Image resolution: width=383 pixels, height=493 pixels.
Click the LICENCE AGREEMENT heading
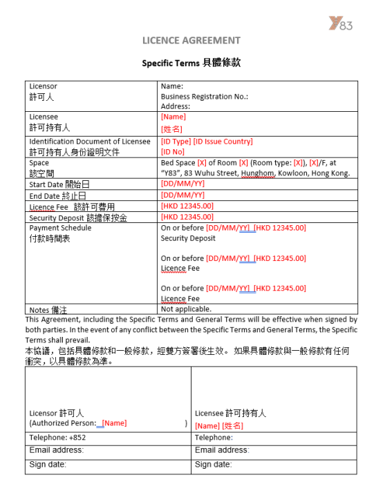pyautogui.click(x=192, y=40)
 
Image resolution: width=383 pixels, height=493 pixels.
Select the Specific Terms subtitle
pyautogui.click(x=192, y=63)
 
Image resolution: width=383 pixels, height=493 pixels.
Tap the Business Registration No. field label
pyautogui.click(x=204, y=97)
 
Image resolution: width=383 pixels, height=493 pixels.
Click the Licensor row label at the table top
pyautogui.click(x=43, y=86)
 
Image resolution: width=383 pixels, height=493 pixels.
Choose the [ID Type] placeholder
pyautogui.click(x=176, y=142)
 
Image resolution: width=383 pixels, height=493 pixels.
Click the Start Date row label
pyautogui.click(x=59, y=184)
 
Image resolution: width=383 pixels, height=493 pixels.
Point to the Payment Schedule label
pyautogui.click(x=60, y=228)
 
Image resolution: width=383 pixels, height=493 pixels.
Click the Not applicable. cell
pyautogui.click(x=186, y=309)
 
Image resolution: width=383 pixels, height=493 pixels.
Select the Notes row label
pyautogui.click(x=48, y=310)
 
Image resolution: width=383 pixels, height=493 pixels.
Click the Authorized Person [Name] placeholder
pyautogui.click(x=114, y=423)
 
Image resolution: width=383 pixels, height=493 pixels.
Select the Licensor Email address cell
pyautogui.click(x=56, y=450)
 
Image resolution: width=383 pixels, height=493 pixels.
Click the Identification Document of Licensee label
pyautogui.click(x=89, y=142)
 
